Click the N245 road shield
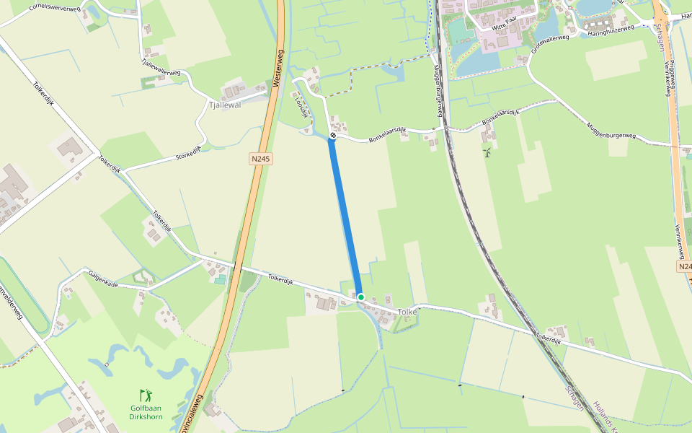(261, 158)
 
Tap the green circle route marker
(361, 297)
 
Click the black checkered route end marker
(333, 136)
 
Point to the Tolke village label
(407, 311)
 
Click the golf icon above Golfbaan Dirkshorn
(146, 395)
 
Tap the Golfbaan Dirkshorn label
(146, 412)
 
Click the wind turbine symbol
(487, 152)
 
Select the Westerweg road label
(278, 69)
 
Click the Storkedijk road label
(188, 152)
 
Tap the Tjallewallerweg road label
(161, 68)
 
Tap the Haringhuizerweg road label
(610, 30)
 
